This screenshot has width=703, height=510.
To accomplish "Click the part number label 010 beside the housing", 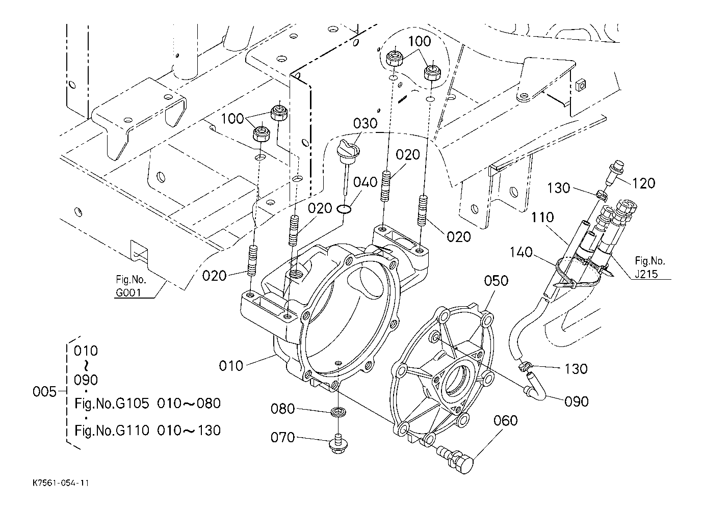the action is coord(231,366).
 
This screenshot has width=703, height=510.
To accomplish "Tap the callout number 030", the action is coord(365,124).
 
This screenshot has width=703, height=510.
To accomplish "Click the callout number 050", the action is coord(496,281).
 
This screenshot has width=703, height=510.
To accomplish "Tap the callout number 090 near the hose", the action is coord(576,402).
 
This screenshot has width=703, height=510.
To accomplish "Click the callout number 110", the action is coord(542,217).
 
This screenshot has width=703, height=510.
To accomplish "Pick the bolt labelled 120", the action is coord(612,172).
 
